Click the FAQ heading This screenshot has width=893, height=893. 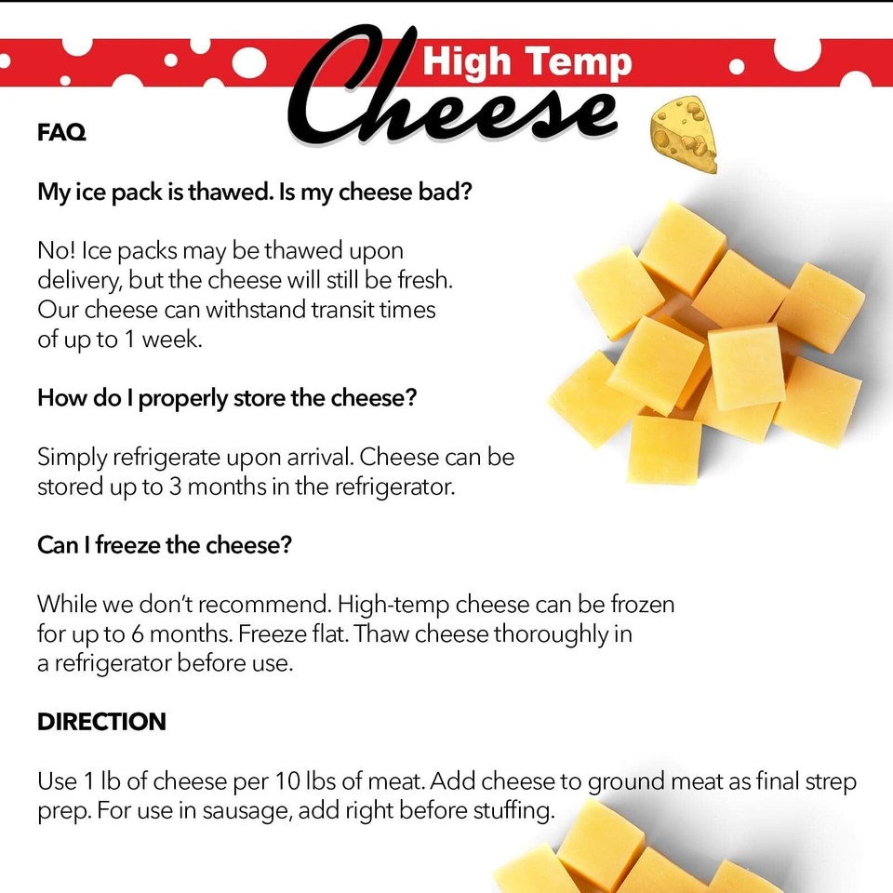coord(61,133)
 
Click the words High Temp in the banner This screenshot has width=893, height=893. coord(527,62)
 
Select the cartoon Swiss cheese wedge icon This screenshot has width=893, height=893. coord(685,134)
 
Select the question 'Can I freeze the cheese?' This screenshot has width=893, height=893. coord(165,545)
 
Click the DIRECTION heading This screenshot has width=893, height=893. coord(101,722)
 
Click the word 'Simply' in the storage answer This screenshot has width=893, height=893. coord(72,458)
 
